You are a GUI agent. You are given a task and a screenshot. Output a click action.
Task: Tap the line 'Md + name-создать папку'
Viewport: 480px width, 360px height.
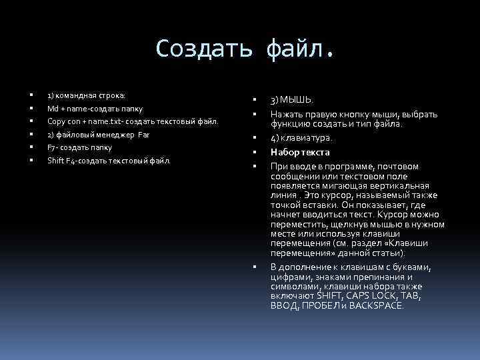point(95,108)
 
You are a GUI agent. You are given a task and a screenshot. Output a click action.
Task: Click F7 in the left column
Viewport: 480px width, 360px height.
point(52,147)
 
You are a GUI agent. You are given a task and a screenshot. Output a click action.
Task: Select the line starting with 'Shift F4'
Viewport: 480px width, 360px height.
point(109,161)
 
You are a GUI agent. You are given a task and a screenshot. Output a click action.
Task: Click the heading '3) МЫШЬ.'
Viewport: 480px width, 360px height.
point(291,99)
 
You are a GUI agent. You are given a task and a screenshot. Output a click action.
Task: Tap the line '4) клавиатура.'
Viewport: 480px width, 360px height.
point(301,138)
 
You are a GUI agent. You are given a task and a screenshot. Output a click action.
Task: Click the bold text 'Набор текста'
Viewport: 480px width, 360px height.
point(300,152)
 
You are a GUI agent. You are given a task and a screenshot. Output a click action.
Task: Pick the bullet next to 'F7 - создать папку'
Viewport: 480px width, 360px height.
point(31,147)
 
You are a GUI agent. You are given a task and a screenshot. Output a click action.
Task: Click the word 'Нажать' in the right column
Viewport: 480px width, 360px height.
point(285,114)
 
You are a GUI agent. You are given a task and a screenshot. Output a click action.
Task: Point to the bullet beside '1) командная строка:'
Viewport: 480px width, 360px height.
point(31,95)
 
